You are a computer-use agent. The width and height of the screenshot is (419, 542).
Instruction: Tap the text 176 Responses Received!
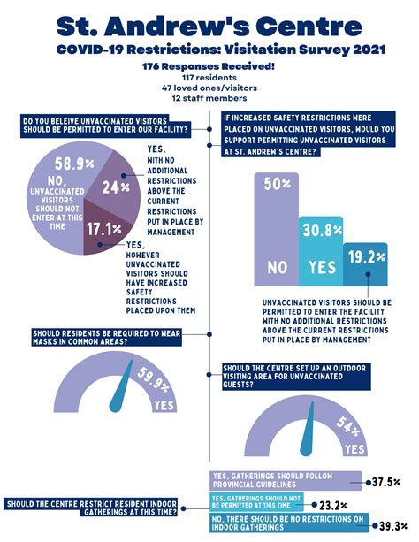[209, 66]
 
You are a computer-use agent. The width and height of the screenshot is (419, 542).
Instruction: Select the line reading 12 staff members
[209, 98]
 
